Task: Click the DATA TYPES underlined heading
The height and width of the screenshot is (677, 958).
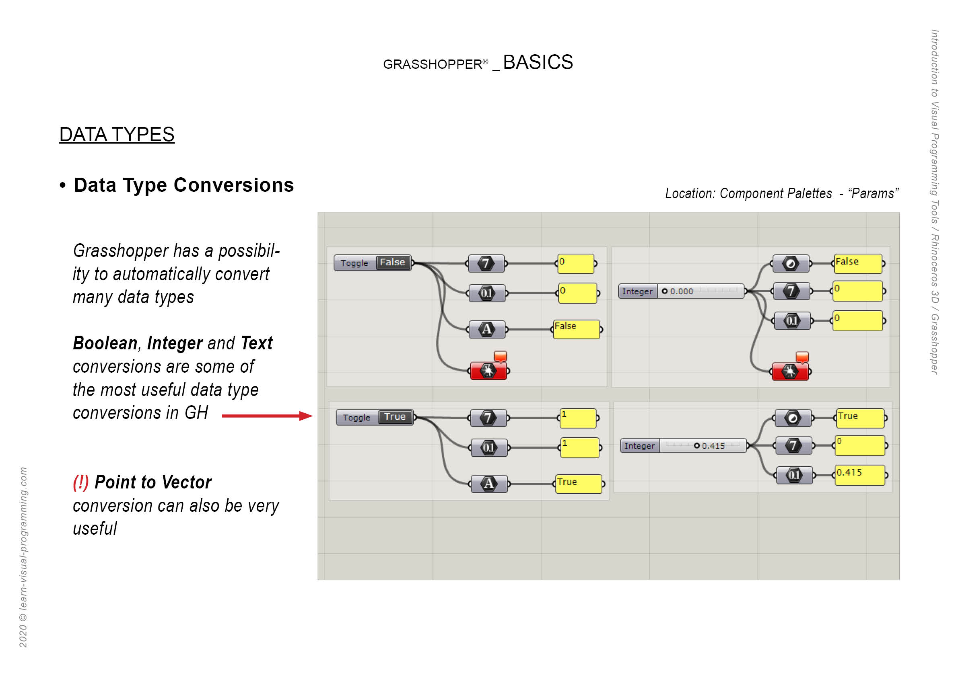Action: pyautogui.click(x=116, y=135)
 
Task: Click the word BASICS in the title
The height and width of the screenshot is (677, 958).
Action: pyautogui.click(x=538, y=63)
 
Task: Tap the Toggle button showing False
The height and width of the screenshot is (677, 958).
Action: pyautogui.click(x=372, y=263)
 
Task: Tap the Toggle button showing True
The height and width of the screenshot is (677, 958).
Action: pyautogui.click(x=374, y=417)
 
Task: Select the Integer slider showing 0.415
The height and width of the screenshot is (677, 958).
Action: pyautogui.click(x=683, y=445)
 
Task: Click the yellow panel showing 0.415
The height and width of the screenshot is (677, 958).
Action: pyautogui.click(x=859, y=475)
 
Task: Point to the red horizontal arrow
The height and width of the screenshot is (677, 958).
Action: pyautogui.click(x=267, y=416)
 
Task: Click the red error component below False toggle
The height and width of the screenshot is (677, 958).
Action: pyautogui.click(x=488, y=371)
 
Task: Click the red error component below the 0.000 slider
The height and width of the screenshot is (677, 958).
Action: pyautogui.click(x=790, y=371)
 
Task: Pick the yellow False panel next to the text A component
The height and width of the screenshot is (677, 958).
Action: pyautogui.click(x=576, y=329)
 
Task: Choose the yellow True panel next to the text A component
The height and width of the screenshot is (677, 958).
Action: pyautogui.click(x=578, y=484)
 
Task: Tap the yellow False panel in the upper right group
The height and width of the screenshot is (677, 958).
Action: pyautogui.click(x=857, y=263)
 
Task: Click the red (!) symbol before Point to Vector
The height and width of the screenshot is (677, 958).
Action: pyautogui.click(x=80, y=482)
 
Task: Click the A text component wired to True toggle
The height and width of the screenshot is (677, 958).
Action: pyautogui.click(x=488, y=484)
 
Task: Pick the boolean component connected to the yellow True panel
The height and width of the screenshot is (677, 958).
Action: pyautogui.click(x=793, y=418)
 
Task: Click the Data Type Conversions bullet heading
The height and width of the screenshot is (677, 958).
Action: pyautogui.click(x=183, y=185)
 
